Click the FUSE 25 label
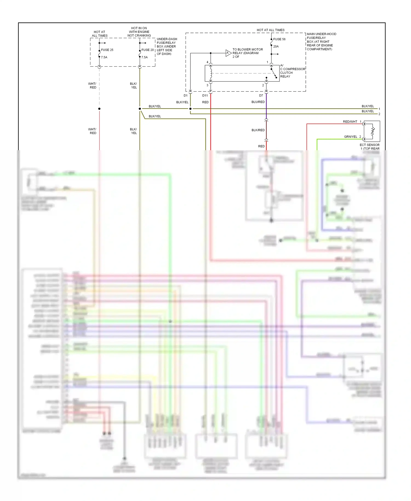(x=107, y=50)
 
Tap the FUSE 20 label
(x=147, y=50)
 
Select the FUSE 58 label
(x=279, y=39)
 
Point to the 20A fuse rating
(x=276, y=47)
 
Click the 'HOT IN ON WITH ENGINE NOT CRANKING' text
(x=139, y=32)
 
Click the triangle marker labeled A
(x=228, y=53)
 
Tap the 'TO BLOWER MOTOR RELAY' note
(x=247, y=53)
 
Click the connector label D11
(x=205, y=96)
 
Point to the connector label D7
(x=261, y=96)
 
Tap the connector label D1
(x=185, y=96)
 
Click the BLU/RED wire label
(x=258, y=102)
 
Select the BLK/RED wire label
(x=258, y=130)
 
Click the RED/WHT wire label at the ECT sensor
(x=350, y=122)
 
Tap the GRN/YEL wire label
(x=350, y=137)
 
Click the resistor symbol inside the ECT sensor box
(x=373, y=131)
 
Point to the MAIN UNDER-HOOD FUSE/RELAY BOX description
(x=321, y=42)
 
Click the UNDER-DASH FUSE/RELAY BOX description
(x=167, y=46)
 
